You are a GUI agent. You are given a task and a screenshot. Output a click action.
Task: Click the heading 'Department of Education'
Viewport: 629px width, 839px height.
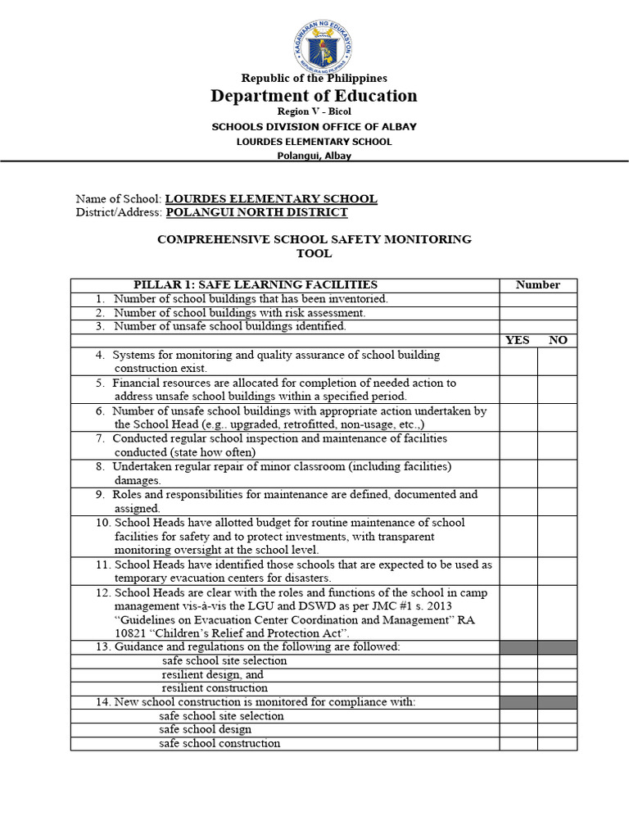click(314, 96)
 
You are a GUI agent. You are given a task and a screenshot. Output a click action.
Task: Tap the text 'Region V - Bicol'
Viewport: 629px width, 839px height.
click(314, 111)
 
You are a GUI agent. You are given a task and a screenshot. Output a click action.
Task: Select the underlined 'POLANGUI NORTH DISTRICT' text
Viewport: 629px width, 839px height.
click(256, 212)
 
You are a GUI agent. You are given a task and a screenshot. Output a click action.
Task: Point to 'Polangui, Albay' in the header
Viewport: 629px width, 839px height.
click(314, 156)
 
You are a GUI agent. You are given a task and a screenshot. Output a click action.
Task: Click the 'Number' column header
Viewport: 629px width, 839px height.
click(538, 285)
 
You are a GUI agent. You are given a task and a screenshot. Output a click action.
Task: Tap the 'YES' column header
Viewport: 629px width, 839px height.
click(518, 340)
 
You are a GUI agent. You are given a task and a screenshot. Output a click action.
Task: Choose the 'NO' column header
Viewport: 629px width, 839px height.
click(558, 340)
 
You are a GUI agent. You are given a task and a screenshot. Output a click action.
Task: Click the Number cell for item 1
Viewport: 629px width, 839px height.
click(538, 299)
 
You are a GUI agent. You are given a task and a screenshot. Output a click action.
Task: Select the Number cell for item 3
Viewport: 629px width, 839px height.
click(538, 326)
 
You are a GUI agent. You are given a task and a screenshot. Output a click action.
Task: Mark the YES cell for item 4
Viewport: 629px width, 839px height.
click(518, 361)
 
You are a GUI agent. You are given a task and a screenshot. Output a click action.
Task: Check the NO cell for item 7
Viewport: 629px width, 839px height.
click(558, 445)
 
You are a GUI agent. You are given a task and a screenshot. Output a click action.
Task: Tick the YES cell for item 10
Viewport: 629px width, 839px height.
click(518, 536)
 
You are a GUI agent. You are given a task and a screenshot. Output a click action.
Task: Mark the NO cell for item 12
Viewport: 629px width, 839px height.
click(558, 613)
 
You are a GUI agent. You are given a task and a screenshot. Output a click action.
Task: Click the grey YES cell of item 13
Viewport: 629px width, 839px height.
click(518, 647)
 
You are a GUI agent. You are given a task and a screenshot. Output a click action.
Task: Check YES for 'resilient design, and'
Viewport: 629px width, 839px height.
click(518, 674)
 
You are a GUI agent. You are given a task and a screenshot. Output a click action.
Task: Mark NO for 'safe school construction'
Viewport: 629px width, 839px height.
click(558, 743)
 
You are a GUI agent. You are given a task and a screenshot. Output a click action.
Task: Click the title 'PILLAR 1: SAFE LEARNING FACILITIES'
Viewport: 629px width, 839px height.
click(256, 285)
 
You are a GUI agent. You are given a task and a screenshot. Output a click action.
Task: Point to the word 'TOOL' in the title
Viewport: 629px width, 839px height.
click(314, 253)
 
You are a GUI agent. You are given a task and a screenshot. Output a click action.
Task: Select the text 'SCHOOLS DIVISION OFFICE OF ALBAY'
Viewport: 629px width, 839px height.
click(314, 127)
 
